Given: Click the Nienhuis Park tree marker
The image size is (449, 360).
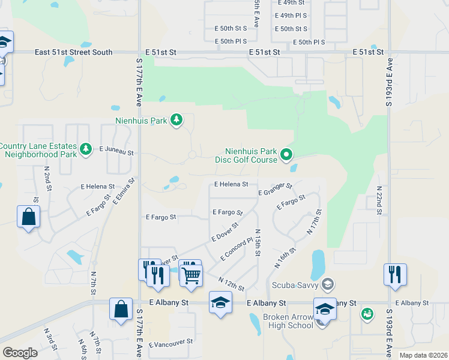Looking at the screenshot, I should pos(176,121).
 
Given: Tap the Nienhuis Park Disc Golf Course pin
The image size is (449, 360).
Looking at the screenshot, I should pos(286,155).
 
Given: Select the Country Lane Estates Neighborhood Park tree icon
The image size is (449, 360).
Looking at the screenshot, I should pos(86,149).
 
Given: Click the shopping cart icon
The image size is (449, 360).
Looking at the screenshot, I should pos(191,275).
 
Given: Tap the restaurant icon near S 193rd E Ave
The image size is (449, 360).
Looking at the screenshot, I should pos(396,274).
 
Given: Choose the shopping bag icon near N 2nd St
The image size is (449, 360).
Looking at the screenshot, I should pos(29,217).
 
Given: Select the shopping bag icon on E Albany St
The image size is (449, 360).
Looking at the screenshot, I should pos(121,309).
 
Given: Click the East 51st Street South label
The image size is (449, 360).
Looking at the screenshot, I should pos(73,52).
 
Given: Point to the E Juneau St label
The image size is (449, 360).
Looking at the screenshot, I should pos(116,150).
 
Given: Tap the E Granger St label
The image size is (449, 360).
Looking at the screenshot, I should pos(275,190).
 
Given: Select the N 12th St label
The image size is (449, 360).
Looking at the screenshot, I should pos(231,284).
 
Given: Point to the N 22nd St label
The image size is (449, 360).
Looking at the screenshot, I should pos(379,200).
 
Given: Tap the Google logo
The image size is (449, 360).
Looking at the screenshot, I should pos(20,353).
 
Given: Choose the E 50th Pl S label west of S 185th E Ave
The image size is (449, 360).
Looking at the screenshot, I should pos(231,41).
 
